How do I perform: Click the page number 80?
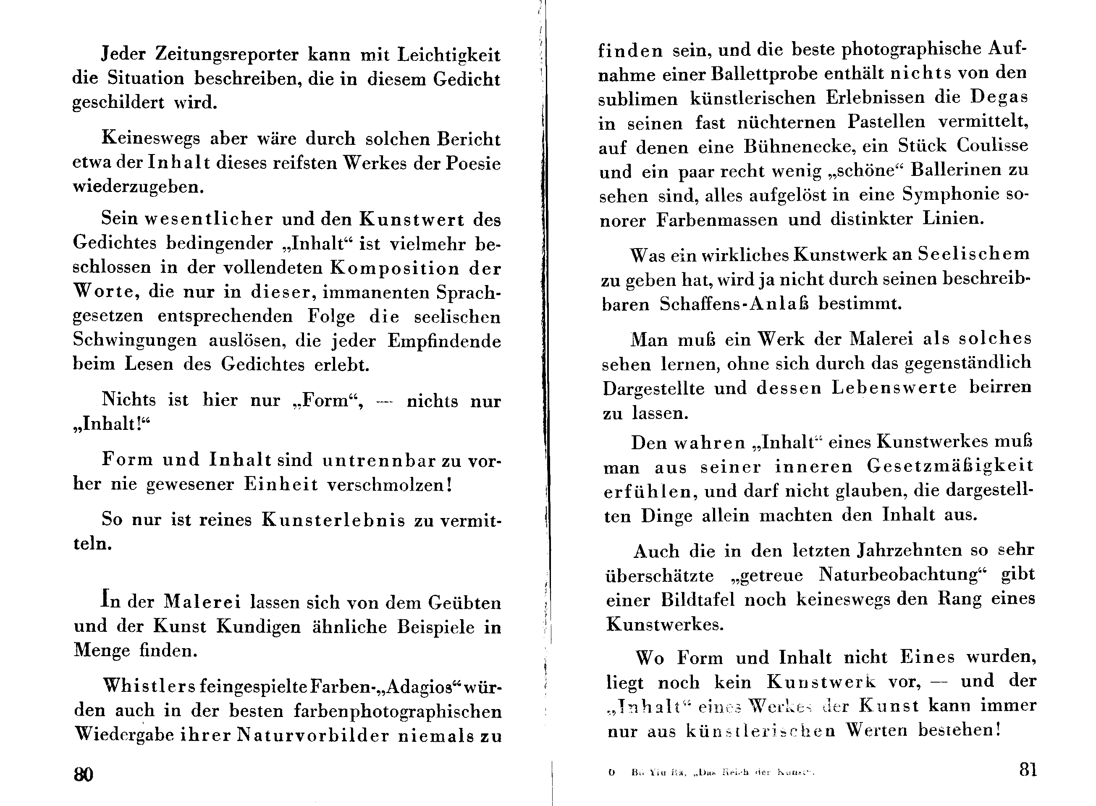point(84,774)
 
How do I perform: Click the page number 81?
point(1028,769)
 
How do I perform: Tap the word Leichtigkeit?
point(449,55)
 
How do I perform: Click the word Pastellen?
point(886,121)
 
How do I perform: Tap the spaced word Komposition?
point(395,268)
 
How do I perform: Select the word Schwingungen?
point(135,340)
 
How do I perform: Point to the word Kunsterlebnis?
point(333,520)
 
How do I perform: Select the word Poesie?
point(473,163)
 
